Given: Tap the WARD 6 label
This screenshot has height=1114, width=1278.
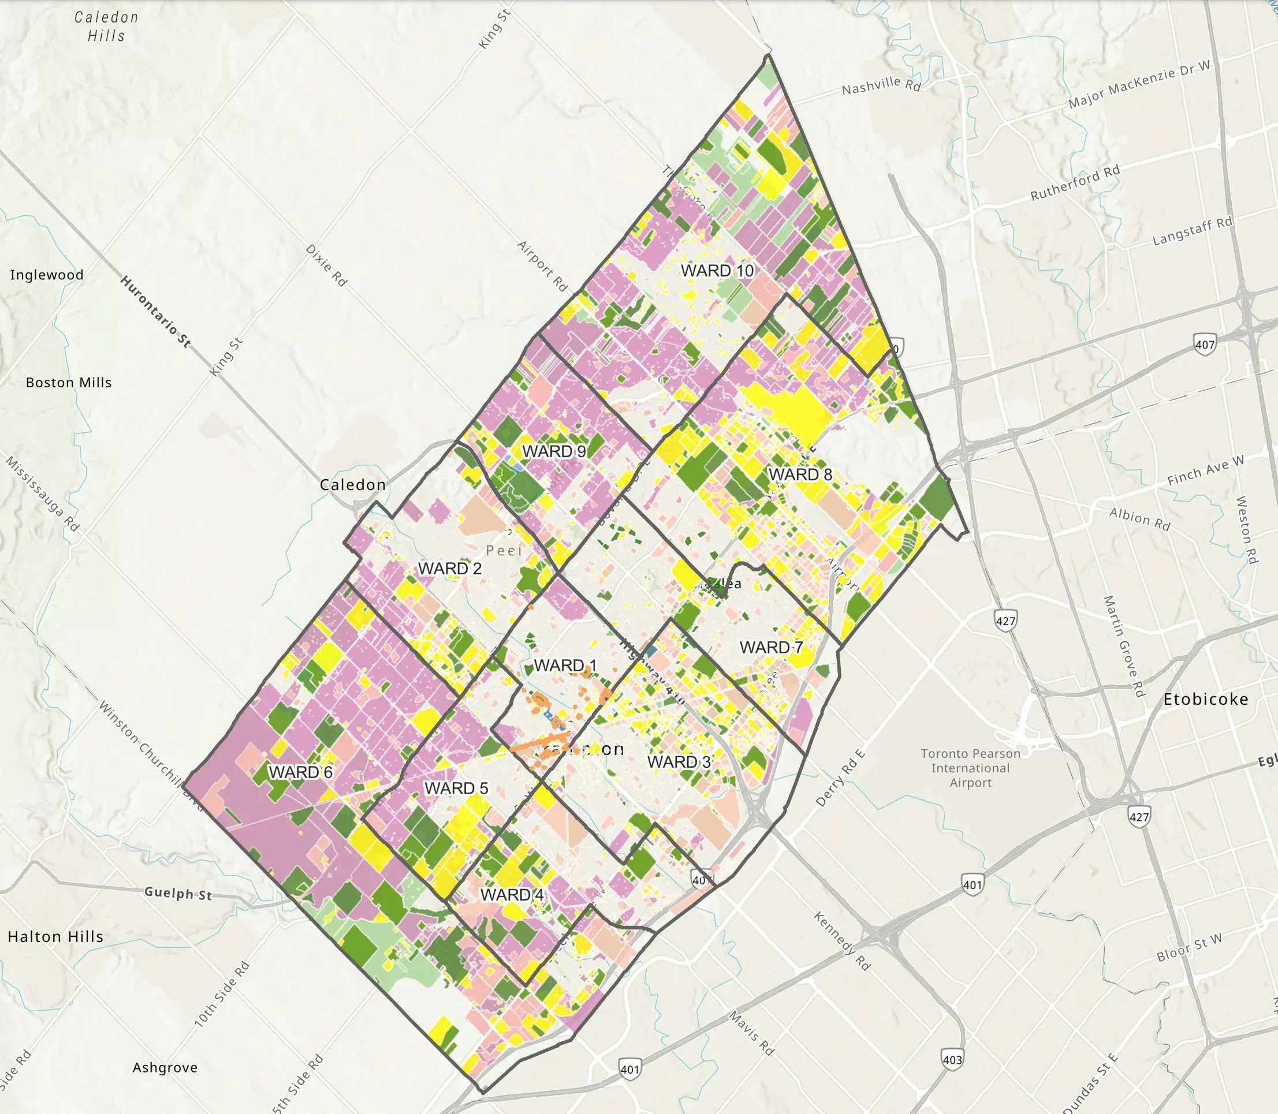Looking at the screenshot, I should click(300, 772).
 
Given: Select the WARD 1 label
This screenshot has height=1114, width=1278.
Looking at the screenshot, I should click(565, 665).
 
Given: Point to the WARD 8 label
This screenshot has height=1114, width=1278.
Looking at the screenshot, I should click(800, 474).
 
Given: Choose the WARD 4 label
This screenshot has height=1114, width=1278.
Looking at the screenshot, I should click(512, 895).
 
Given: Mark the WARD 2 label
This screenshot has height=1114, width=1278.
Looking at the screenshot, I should click(450, 568).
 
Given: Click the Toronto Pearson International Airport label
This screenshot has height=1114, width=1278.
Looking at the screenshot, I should click(970, 768).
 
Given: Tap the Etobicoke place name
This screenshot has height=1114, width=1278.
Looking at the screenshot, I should click(1205, 700).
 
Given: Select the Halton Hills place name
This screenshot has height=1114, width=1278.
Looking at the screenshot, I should click(55, 936).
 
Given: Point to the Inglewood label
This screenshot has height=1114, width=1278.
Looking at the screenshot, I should click(47, 275).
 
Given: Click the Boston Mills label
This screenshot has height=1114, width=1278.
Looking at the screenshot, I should click(68, 382).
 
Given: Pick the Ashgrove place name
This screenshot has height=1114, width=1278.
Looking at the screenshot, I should click(165, 1067).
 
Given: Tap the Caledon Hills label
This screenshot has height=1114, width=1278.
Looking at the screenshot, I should click(106, 26).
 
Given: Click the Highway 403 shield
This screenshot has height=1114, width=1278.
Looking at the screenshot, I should click(952, 1059).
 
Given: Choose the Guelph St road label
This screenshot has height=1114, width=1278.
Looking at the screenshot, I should click(178, 894).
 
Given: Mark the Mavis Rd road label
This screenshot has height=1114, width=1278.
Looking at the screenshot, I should click(752, 1033).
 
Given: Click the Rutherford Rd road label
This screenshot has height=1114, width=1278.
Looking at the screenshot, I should click(1075, 183).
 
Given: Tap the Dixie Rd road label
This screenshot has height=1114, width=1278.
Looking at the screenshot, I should click(326, 265).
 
